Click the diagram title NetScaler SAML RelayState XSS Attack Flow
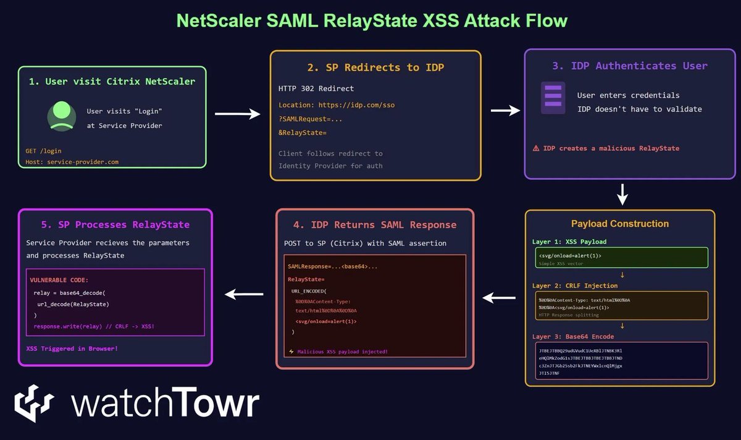pos(372,21)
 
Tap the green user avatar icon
pos(61,116)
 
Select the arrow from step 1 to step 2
pos(237,114)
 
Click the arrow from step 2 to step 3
pos(505,111)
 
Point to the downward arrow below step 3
pos(622,193)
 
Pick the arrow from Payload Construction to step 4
pos(499,298)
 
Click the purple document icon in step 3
pos(553,97)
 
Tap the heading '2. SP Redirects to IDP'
pos(375,67)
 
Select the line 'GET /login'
pos(43,151)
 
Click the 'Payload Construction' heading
pos(620,224)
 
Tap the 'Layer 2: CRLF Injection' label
pos(574,286)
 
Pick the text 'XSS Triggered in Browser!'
pos(72,349)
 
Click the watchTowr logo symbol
pos(35,404)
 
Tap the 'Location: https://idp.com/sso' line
pos(337,105)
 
